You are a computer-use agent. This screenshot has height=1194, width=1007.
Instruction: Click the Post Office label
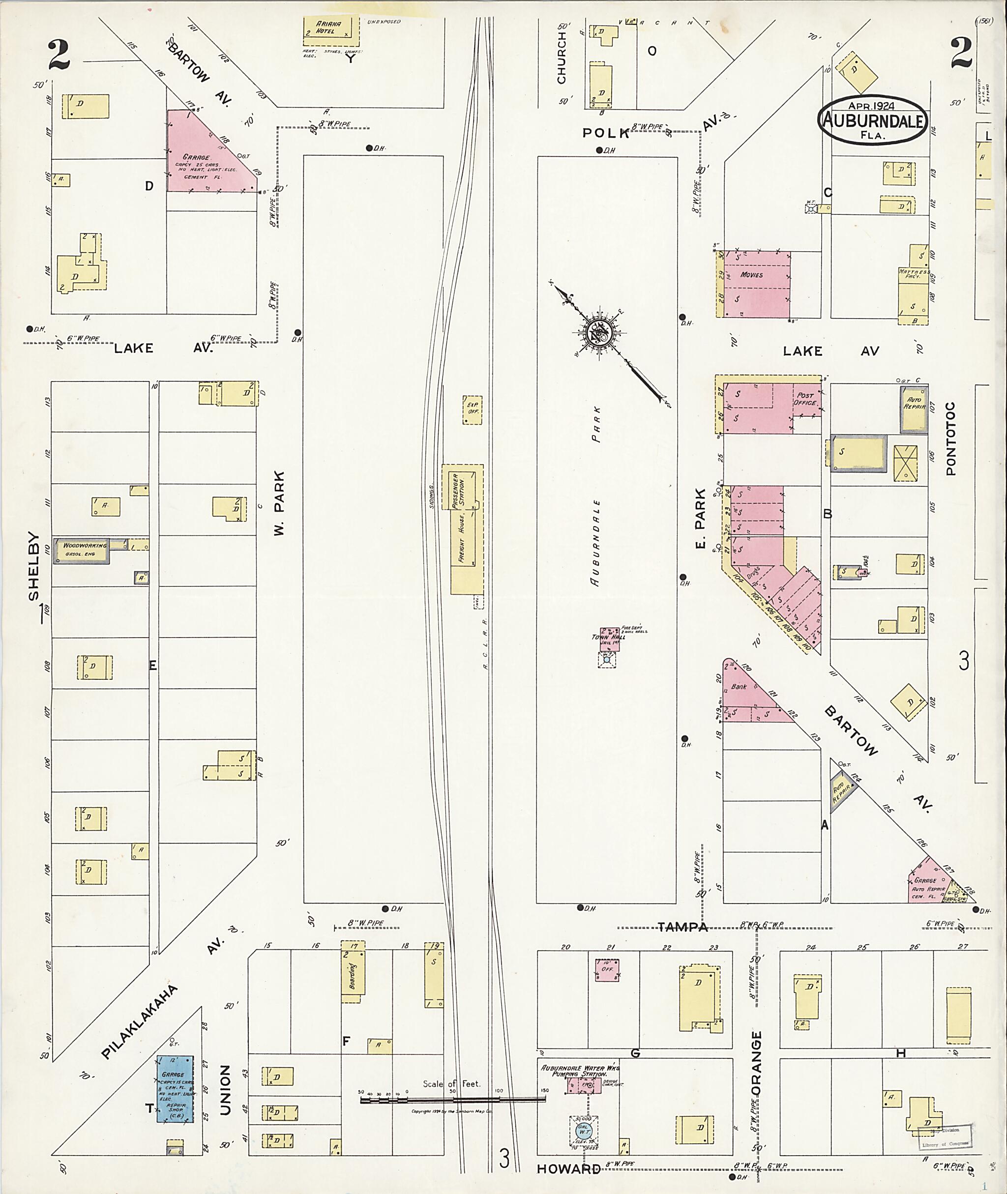(805, 399)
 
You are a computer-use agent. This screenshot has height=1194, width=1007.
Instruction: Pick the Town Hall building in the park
(609, 639)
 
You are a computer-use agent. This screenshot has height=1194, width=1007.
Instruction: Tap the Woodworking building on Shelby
(81, 550)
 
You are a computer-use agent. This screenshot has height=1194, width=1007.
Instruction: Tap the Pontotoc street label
(950, 439)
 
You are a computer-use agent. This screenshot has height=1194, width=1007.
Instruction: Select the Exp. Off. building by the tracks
(472, 408)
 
